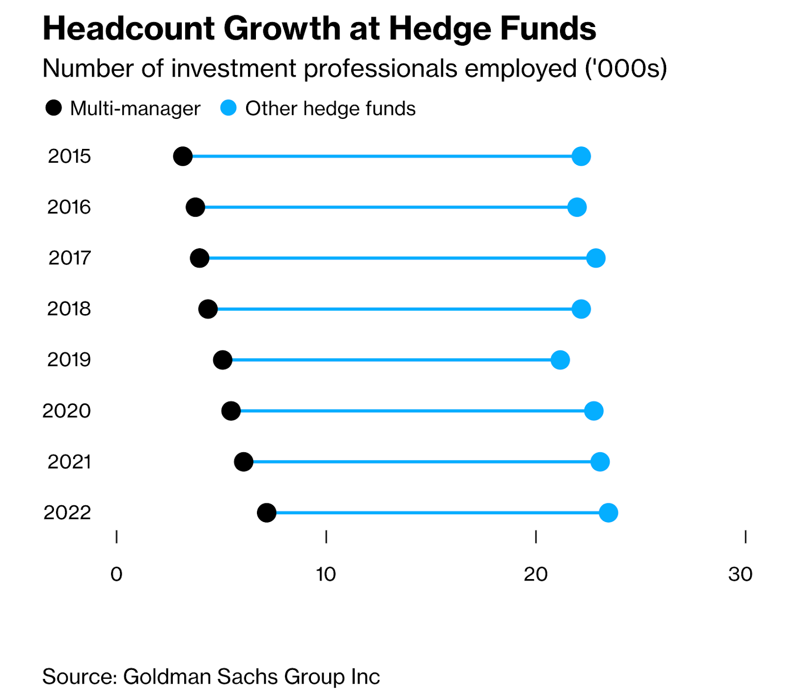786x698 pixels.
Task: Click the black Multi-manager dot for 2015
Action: (x=183, y=156)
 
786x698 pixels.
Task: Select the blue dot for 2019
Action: (x=560, y=360)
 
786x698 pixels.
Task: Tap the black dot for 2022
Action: (x=267, y=513)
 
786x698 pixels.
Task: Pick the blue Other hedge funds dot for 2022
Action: (x=609, y=513)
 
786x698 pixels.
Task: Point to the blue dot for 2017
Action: (x=596, y=258)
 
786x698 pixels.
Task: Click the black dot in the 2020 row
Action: (x=231, y=411)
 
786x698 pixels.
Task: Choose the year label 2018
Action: (x=69, y=309)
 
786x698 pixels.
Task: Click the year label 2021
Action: (x=69, y=462)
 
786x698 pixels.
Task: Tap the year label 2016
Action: (x=69, y=207)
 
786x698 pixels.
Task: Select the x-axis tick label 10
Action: (x=326, y=574)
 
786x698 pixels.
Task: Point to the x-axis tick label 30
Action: (x=740, y=574)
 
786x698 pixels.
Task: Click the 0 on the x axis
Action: (x=116, y=574)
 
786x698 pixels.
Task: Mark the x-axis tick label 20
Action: (x=535, y=574)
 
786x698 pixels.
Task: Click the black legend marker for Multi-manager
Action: (x=54, y=108)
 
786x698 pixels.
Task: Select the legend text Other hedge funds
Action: (x=330, y=109)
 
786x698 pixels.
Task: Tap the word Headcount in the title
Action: (x=129, y=29)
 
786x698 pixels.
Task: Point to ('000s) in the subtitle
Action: (x=625, y=68)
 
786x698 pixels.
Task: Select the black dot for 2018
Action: (x=208, y=309)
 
